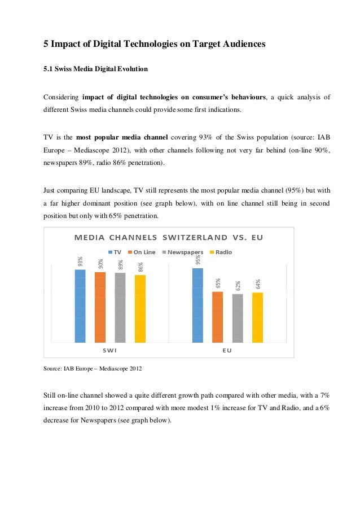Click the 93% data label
pyautogui.click(x=81, y=261)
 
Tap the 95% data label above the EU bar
pyautogui.click(x=197, y=260)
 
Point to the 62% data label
pyautogui.click(x=238, y=286)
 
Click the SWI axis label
pyautogui.click(x=110, y=350)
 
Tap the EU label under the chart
pyautogui.click(x=227, y=350)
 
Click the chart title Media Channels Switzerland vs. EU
pyautogui.click(x=169, y=237)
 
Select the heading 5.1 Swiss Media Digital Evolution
pyautogui.click(x=96, y=69)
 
